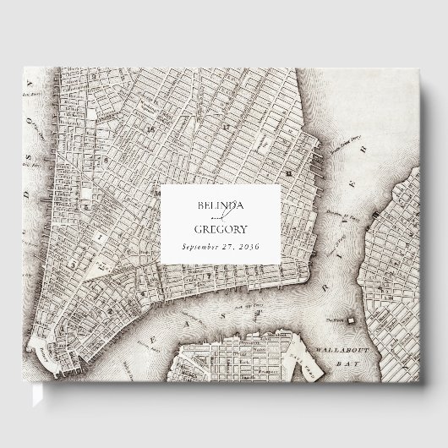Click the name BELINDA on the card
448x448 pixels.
(221, 209)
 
